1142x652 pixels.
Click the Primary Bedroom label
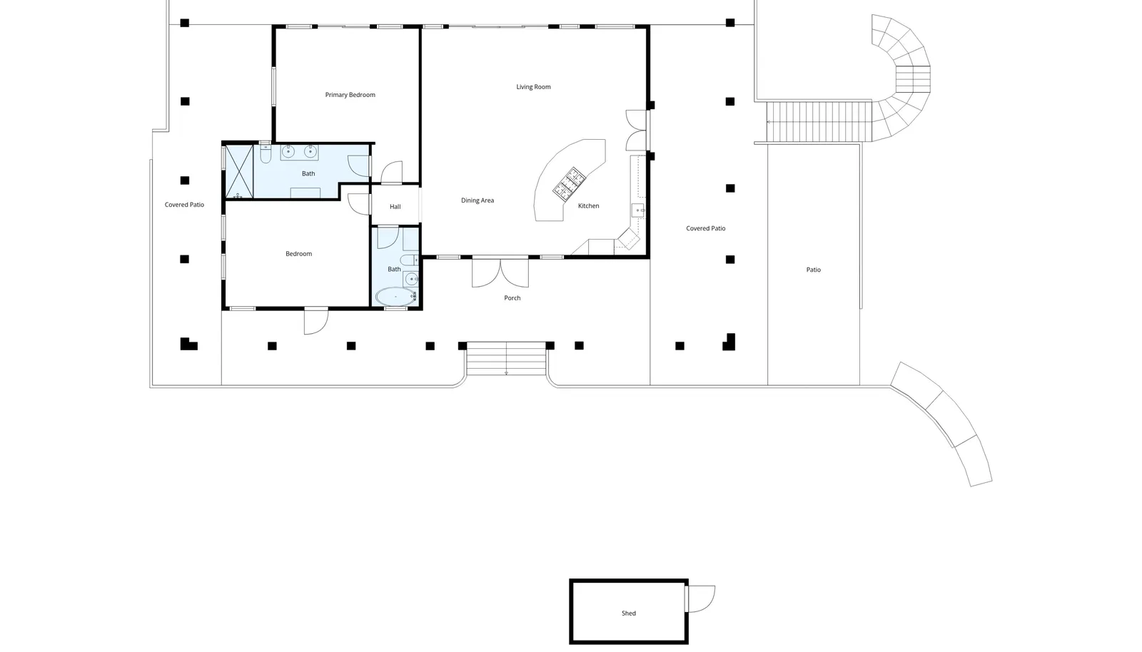pyautogui.click(x=350, y=95)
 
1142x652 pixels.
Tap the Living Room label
pyautogui.click(x=533, y=86)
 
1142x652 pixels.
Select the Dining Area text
pyautogui.click(x=477, y=200)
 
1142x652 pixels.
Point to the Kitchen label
pyautogui.click(x=588, y=205)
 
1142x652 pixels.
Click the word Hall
pyautogui.click(x=395, y=207)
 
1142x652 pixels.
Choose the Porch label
pyautogui.click(x=512, y=298)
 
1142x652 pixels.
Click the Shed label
pyautogui.click(x=629, y=613)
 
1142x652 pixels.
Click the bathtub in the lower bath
pyautogui.click(x=396, y=297)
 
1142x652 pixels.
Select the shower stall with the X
pyautogui.click(x=239, y=172)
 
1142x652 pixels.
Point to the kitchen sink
pyautogui.click(x=638, y=210)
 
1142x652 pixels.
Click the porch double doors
pyautogui.click(x=500, y=273)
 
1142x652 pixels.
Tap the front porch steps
pyautogui.click(x=506, y=359)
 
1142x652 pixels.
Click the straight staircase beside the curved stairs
pyautogui.click(x=819, y=122)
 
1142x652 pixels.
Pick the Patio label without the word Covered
pyautogui.click(x=814, y=270)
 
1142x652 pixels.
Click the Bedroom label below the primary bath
pyautogui.click(x=299, y=254)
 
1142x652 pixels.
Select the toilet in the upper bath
pyautogui.click(x=266, y=153)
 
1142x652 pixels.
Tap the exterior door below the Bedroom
pyautogui.click(x=316, y=322)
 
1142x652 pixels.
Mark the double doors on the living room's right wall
pyautogui.click(x=637, y=131)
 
